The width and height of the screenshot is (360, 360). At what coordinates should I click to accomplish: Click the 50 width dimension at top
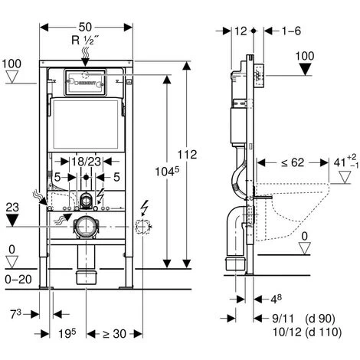[85, 27]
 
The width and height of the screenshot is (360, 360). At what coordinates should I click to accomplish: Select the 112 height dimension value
[187, 155]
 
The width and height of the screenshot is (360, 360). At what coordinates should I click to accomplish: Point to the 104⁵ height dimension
[167, 172]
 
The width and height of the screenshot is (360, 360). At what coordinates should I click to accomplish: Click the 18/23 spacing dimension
[86, 162]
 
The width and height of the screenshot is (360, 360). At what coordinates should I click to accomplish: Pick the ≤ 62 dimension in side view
[293, 162]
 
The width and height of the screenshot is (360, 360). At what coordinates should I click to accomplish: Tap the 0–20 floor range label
[18, 280]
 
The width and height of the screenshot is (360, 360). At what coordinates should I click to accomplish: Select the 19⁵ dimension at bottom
[67, 333]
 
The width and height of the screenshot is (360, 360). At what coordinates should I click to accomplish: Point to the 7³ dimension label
[16, 314]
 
